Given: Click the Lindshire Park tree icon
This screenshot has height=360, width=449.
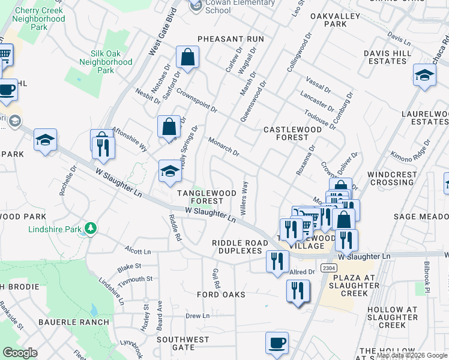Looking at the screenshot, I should [x=91, y=229].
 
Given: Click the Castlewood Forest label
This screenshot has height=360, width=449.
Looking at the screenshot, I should [x=286, y=133].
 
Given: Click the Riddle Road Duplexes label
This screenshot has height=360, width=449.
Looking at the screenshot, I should [x=237, y=247].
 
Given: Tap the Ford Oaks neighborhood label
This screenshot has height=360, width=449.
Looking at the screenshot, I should [x=221, y=295].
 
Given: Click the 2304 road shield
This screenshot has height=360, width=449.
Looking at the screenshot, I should [x=327, y=268].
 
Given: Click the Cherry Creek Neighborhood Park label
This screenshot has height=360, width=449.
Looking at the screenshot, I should [x=39, y=19].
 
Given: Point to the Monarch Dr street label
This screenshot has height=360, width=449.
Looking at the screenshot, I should [x=223, y=147].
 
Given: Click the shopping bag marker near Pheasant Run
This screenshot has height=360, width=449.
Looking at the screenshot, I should [x=187, y=58].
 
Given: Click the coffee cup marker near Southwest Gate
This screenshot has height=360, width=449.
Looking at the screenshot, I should [x=277, y=343].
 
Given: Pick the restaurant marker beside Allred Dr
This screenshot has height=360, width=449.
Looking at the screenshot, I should [x=298, y=291].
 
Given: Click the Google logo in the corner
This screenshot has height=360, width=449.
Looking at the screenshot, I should [x=20, y=353].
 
